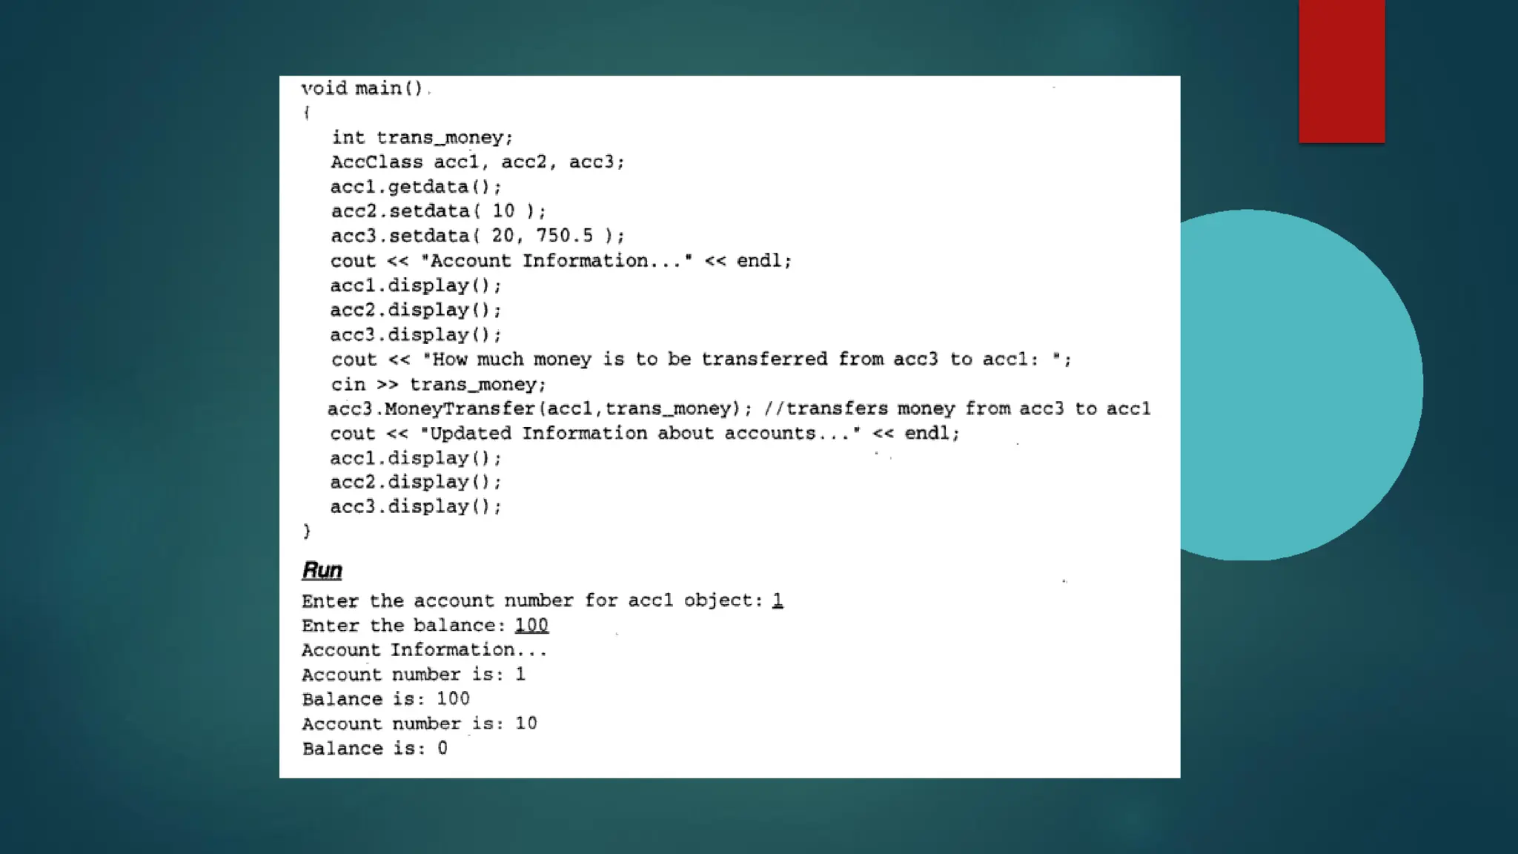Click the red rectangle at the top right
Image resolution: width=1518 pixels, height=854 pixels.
coord(1342,70)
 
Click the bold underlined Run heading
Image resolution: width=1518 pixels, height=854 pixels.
coord(322,570)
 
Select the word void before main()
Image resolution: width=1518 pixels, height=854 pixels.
coord(324,88)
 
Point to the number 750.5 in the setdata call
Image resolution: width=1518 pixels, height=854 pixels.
coord(564,236)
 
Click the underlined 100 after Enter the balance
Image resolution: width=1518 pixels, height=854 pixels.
coord(531,626)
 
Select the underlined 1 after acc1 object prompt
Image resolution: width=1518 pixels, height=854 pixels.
coord(777,600)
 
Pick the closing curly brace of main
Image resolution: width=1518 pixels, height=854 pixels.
coord(307,531)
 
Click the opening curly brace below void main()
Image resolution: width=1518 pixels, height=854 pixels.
coord(306,113)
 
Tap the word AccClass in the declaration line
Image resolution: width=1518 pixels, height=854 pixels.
coord(377,162)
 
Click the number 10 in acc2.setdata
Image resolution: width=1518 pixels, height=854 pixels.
coord(503,211)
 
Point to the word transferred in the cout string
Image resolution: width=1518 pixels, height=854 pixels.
coord(764,360)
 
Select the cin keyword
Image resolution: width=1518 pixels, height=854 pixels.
coord(348,385)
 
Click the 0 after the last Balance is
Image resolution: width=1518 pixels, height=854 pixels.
coord(443,749)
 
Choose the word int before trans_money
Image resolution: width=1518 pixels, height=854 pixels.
coord(348,138)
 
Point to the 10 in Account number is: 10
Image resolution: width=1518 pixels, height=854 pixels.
coord(526,724)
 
